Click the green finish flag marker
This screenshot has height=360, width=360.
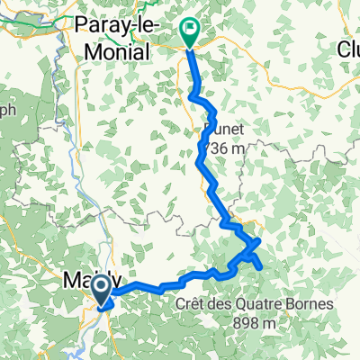[191, 32]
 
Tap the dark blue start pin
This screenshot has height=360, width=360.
[101, 289]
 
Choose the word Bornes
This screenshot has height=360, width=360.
[310, 304]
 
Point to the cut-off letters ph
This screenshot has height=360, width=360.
[6, 113]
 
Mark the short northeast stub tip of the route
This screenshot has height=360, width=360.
[259, 240]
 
